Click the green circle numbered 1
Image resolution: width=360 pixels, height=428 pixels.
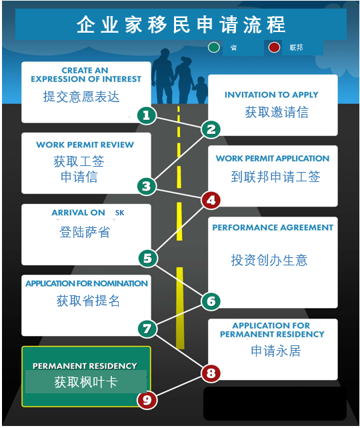(x=147, y=115)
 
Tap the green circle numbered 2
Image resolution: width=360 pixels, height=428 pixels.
(x=211, y=129)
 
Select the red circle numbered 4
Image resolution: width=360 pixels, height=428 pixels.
(x=211, y=201)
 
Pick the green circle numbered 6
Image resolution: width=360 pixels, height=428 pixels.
(x=211, y=301)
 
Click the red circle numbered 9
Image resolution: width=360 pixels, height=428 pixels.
(x=147, y=400)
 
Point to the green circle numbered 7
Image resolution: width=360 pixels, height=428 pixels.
(x=147, y=329)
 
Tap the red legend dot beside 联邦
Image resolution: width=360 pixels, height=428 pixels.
(x=274, y=47)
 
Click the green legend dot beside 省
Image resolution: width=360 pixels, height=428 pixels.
(x=214, y=47)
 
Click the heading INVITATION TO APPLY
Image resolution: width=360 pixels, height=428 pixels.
(x=271, y=95)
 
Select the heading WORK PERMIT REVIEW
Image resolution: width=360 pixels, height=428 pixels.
(x=85, y=145)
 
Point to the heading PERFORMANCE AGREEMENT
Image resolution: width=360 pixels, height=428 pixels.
(x=273, y=227)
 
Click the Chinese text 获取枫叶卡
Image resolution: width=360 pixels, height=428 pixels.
(x=86, y=382)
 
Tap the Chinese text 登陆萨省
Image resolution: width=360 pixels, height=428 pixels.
(x=85, y=232)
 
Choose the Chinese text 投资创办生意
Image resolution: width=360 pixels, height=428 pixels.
(x=269, y=260)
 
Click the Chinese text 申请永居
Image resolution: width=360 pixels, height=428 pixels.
(x=276, y=351)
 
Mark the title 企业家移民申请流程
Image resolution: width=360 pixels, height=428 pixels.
(x=181, y=25)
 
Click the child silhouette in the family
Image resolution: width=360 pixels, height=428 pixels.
(x=201, y=90)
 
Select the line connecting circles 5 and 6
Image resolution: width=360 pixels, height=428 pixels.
(x=179, y=280)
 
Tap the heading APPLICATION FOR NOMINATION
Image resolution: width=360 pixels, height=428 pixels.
(x=87, y=283)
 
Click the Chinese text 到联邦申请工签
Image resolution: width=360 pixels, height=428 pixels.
(x=275, y=177)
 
